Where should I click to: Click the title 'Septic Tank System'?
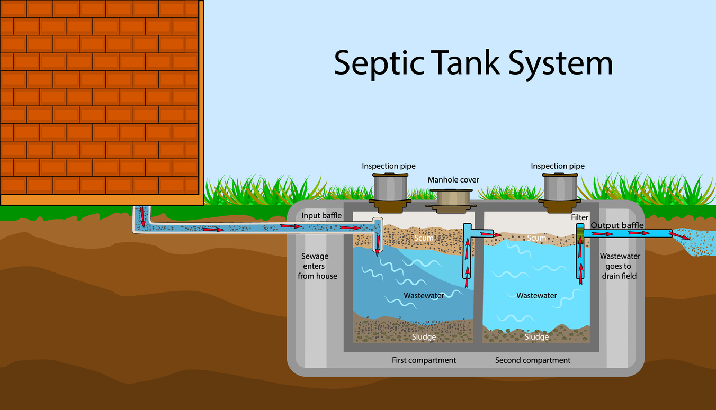(x=473, y=63)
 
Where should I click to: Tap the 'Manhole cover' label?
(x=453, y=180)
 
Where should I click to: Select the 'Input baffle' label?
(x=321, y=216)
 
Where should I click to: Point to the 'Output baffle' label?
(x=617, y=225)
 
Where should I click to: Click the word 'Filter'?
(x=579, y=217)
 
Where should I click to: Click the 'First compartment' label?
(x=424, y=360)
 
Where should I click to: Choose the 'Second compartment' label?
(x=533, y=360)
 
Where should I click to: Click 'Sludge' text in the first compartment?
(x=424, y=337)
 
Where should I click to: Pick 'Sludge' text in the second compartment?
(x=536, y=337)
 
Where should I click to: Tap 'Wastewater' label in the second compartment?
(x=536, y=296)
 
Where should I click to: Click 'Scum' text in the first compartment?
(x=424, y=239)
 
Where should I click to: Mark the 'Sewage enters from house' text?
(x=317, y=266)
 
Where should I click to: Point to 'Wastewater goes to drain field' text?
(x=620, y=266)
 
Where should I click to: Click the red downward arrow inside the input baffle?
(x=378, y=244)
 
